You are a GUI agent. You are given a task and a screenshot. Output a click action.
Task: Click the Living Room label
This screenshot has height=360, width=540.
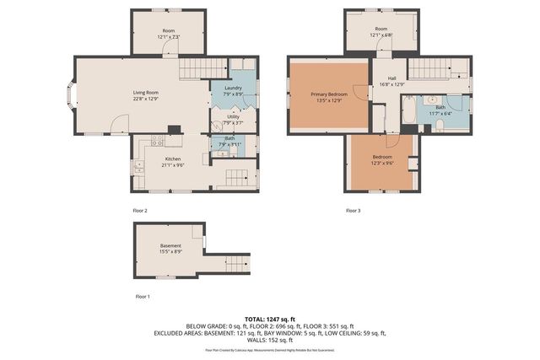133,93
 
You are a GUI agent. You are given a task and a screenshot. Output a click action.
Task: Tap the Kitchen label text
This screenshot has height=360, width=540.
172,159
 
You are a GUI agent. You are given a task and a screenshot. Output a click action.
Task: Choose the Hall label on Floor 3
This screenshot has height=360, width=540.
391,78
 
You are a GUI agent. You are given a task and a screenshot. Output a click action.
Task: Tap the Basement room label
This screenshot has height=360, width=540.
170,245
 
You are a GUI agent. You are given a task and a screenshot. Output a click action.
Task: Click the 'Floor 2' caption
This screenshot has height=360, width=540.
140,210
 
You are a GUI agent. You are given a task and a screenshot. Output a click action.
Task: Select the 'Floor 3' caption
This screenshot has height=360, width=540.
354,210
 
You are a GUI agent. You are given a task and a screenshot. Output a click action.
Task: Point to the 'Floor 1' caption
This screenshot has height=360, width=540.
143,297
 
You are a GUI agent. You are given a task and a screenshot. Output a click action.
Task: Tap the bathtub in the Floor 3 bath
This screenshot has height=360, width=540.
409,112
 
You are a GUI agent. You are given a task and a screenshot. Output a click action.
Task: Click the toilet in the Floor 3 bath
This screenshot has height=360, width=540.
440,126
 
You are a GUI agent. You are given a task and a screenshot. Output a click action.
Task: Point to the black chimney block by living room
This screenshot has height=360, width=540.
173,130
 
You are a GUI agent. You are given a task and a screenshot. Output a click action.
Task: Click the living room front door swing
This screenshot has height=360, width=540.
121,124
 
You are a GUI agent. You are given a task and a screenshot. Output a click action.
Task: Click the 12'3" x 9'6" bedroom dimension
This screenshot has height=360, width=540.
382,163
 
